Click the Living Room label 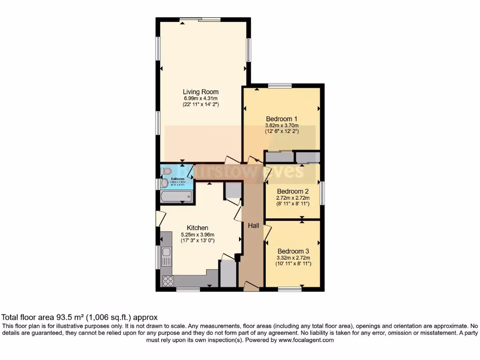coord(200,91)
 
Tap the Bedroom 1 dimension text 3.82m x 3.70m coord(282,126)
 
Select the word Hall coord(254,225)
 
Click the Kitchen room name coord(197,228)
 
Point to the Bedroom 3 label coord(293,251)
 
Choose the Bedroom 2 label coord(292,191)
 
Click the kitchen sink coord(166,256)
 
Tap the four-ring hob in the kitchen coord(167,280)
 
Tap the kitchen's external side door coord(160,218)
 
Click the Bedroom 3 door coord(267,232)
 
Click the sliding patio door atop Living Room coord(200,19)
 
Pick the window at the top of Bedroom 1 coord(280,85)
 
